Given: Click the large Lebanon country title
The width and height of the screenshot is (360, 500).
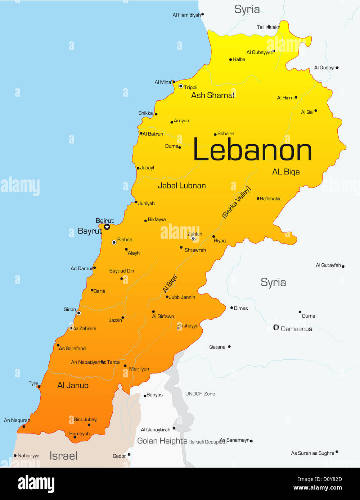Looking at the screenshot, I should (x=252, y=150).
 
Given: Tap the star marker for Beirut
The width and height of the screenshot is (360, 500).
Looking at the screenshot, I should (x=107, y=227).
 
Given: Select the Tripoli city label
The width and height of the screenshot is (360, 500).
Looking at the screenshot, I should (x=190, y=87).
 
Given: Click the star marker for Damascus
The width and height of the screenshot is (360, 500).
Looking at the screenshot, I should (x=276, y=327).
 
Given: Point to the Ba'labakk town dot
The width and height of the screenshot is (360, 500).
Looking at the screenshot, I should (x=258, y=199).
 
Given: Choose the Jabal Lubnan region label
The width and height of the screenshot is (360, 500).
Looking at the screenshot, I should (x=182, y=186).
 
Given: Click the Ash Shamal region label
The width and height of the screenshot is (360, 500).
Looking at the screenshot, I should (x=212, y=95).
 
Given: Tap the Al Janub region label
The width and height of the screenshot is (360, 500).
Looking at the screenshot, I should (x=73, y=385).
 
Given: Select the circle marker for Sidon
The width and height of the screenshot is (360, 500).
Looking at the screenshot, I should (x=78, y=313).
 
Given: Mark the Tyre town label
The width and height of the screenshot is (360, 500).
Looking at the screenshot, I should (x=33, y=383).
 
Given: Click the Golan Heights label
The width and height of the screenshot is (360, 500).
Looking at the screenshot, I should (x=162, y=441).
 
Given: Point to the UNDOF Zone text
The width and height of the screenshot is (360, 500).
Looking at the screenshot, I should (x=200, y=394).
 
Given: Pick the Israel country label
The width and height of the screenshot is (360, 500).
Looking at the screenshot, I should (x=63, y=456).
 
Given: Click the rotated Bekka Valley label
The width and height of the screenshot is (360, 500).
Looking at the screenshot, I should (x=236, y=202).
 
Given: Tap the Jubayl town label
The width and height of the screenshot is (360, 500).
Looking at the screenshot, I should (x=147, y=168).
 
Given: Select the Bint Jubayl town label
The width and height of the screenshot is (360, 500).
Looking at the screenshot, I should (x=85, y=419).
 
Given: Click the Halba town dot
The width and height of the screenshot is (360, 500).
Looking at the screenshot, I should (x=230, y=60).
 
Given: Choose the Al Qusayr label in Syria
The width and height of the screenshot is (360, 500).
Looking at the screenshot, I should (x=324, y=68).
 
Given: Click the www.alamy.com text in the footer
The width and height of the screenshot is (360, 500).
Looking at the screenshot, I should (x=318, y=488).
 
